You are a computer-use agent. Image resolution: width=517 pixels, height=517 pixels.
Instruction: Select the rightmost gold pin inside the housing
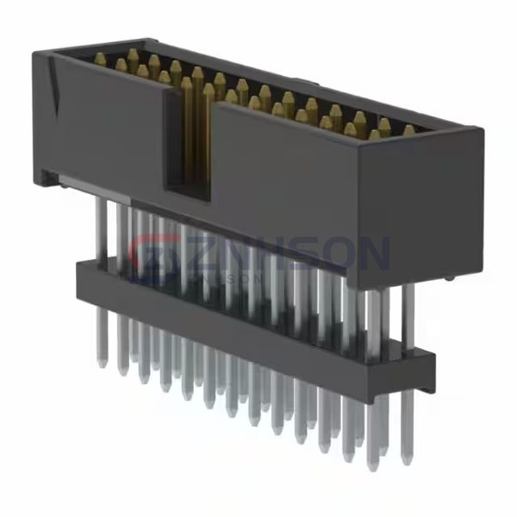tap(408, 130)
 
